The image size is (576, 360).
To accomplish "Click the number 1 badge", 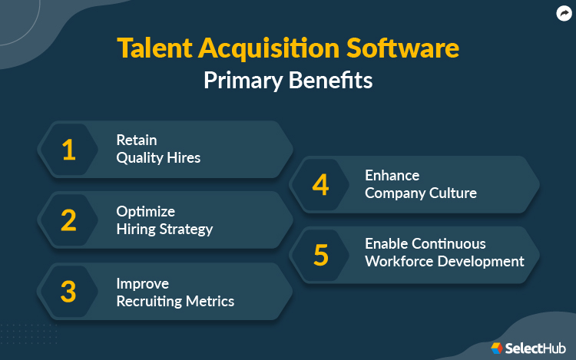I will pos(69,150).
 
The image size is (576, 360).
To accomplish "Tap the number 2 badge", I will pos(69,220).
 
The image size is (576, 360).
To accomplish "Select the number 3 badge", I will pos(69,292).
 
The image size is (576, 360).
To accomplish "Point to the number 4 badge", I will pos(321,184).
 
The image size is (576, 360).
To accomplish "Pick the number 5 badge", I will pos(321,254).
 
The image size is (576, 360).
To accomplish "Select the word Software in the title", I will pos(412,48).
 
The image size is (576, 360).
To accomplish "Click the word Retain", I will pos(137,140).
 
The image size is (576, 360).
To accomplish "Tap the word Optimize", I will pos(146,211).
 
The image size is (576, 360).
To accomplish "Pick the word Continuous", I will pos(448,243).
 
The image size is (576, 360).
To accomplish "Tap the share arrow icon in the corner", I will pos(564,13).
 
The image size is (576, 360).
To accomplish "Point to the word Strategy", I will pos(187,229).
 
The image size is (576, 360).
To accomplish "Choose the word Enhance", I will pos(392,175).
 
